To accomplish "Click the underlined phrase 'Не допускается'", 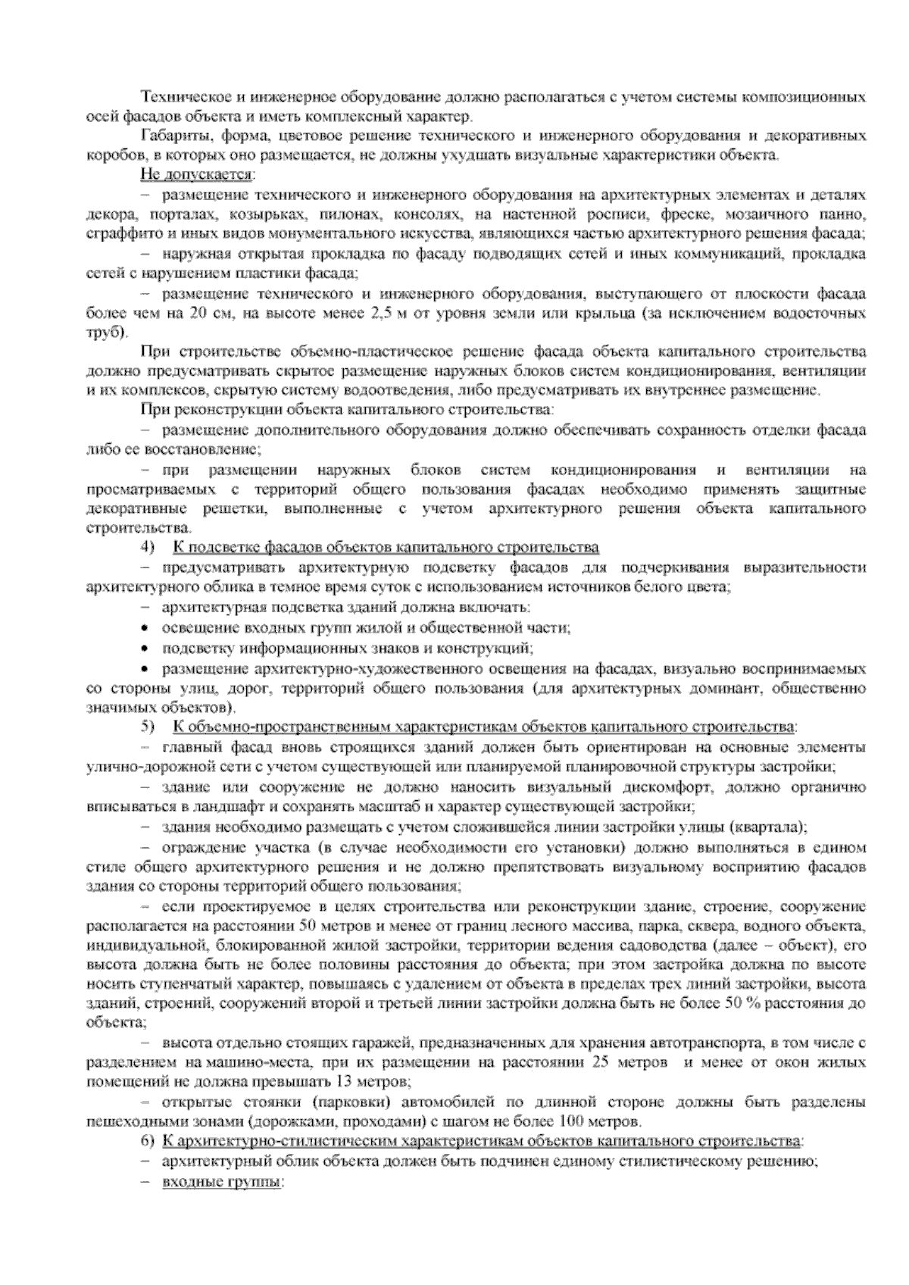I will [x=196, y=176].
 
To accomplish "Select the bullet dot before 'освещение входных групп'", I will [x=145, y=628].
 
